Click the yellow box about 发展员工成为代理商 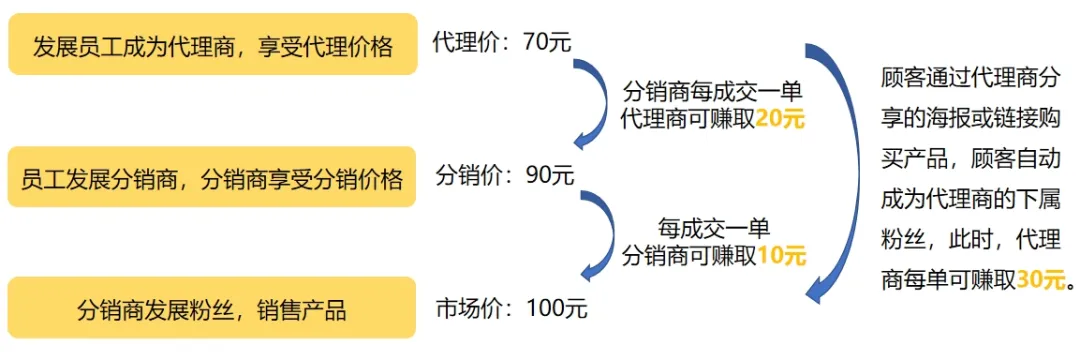(x=212, y=45)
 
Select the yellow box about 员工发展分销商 (x=212, y=178)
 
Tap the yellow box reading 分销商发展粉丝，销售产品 (x=212, y=310)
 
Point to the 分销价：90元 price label (x=504, y=176)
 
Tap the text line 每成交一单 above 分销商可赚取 (x=713, y=228)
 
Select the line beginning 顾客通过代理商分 (x=967, y=77)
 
